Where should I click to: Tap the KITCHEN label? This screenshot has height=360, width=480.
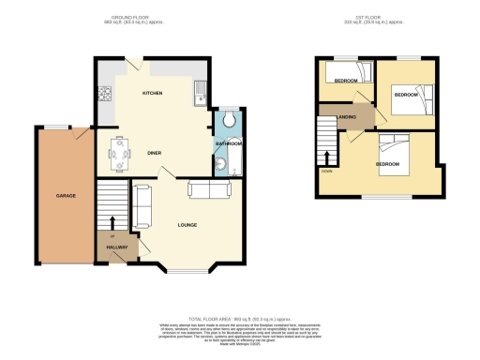coord(153,95)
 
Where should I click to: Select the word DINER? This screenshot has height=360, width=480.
coord(156,152)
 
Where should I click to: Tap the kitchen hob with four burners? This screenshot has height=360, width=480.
coord(105,95)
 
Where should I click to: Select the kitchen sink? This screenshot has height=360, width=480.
coord(199,92)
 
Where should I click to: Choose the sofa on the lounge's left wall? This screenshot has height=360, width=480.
coord(142,206)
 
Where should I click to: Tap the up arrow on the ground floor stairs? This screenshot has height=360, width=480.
coord(112,222)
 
